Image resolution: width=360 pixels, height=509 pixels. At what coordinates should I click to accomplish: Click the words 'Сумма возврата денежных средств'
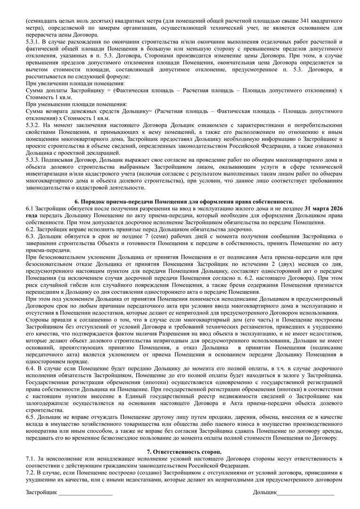pos(69,111)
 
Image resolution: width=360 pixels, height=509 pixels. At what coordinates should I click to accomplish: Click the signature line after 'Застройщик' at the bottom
pos(85,493)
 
